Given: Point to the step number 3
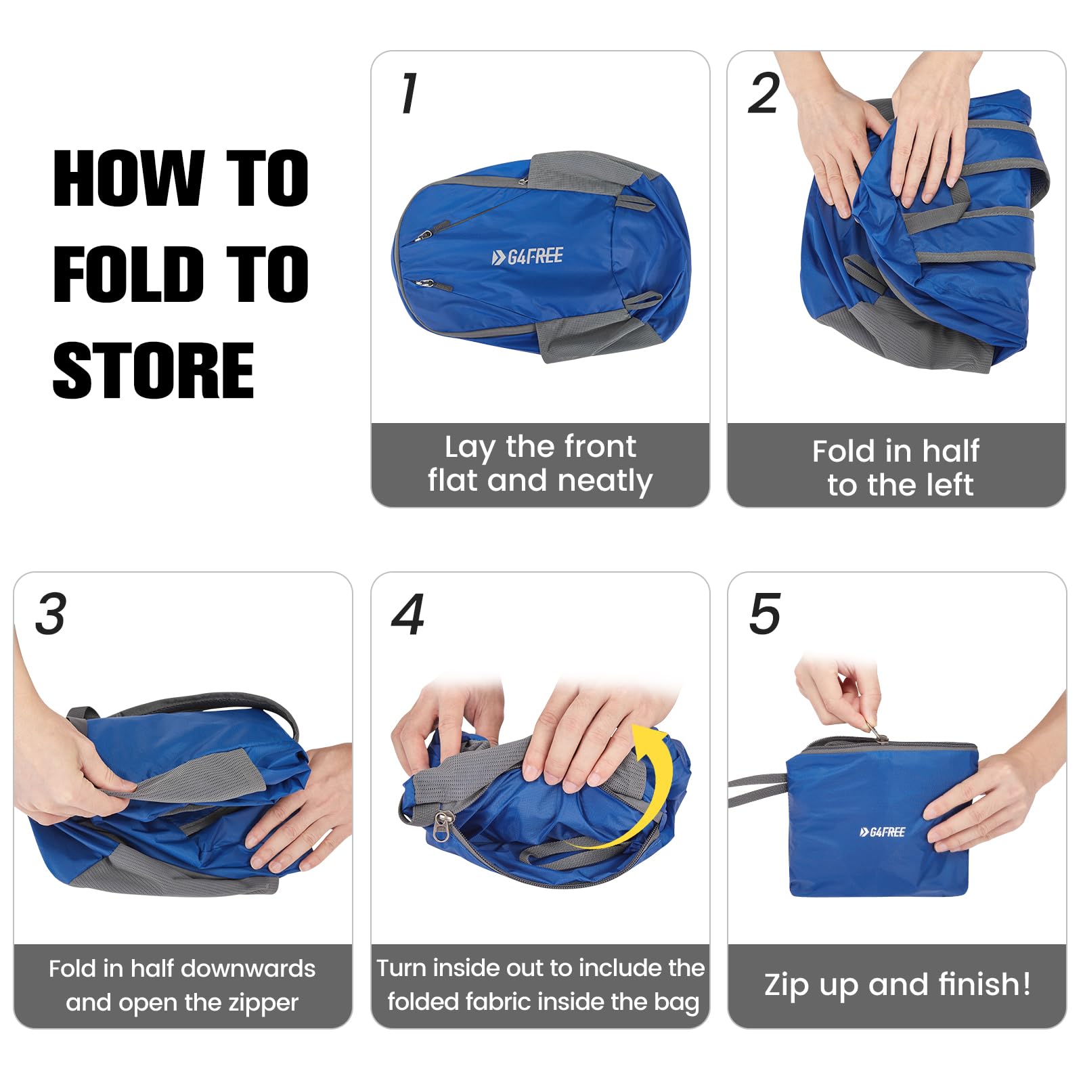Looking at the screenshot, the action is tap(51, 614).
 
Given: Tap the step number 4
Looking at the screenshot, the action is tap(408, 614).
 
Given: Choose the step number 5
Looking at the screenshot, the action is tap(765, 614).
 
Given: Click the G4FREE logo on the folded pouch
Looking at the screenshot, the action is tap(882, 832).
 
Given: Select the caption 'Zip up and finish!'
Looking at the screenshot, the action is tap(898, 984).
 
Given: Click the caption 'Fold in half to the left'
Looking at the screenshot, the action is tap(896, 468).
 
